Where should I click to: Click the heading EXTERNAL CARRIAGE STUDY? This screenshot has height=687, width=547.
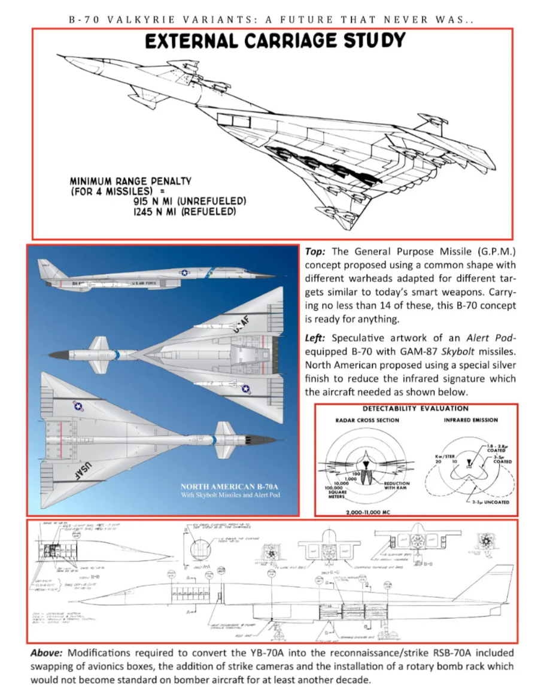coord(275,41)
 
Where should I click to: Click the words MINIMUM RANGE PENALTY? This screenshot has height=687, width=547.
coord(130,181)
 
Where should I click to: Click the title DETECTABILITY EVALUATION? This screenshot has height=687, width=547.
coord(415,408)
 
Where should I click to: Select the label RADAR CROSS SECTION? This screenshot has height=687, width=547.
coord(367,420)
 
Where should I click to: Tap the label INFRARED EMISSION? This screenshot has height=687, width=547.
coord(470,420)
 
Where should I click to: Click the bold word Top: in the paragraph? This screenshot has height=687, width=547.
coord(315,252)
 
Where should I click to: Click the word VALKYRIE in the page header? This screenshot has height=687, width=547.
coord(133,19)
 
